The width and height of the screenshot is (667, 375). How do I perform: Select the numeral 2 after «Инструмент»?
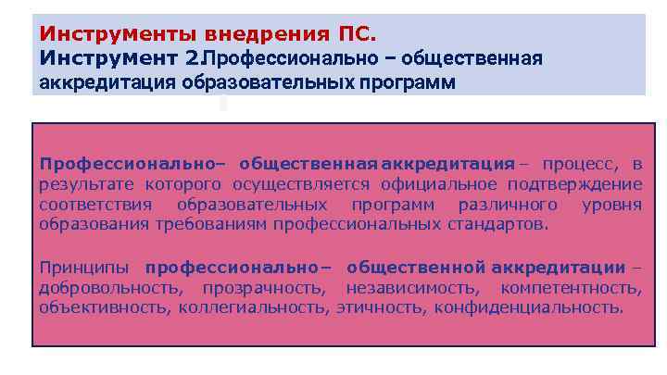point(192,58)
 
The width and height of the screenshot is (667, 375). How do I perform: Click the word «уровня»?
point(612,204)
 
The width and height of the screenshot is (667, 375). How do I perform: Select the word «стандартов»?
point(503,224)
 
